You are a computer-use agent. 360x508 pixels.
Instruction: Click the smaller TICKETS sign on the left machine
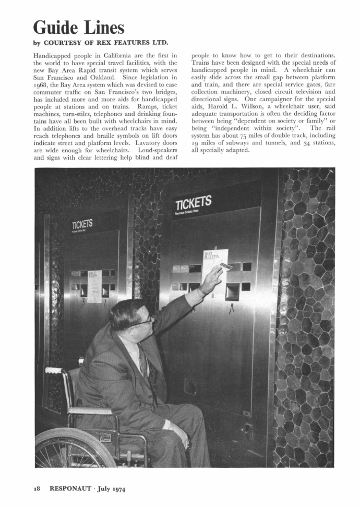[82, 225]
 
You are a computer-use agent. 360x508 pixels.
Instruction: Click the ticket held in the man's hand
[226, 267]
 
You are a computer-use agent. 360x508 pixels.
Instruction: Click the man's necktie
[142, 360]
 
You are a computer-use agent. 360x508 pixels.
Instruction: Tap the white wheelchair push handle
[54, 370]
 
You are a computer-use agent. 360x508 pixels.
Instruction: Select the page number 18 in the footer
[36, 489]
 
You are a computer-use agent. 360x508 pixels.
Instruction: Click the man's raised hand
[211, 279]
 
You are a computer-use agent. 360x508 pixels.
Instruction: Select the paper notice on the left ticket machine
[94, 285]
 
